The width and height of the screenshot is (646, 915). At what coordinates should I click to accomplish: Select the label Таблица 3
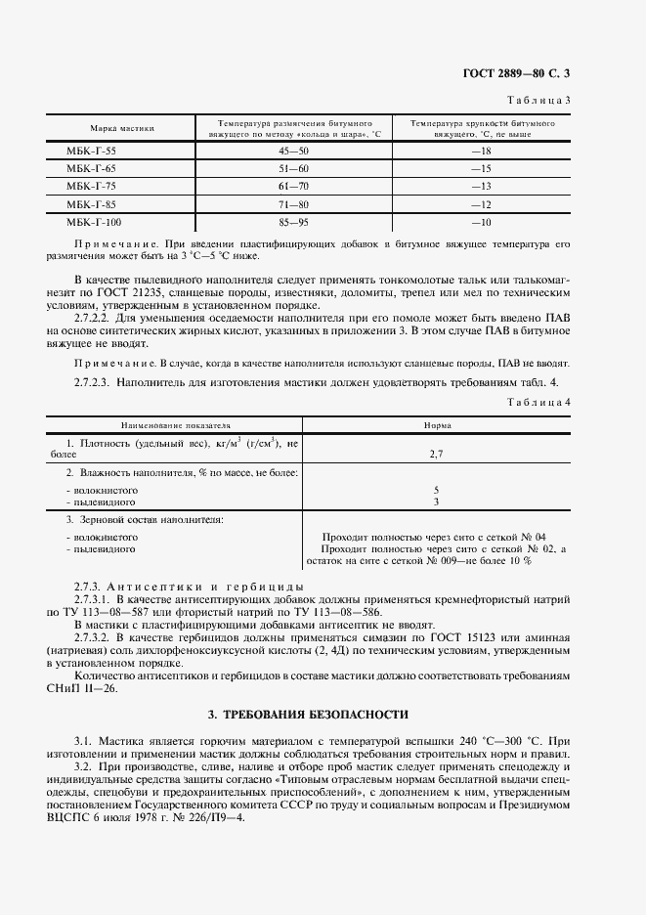542,101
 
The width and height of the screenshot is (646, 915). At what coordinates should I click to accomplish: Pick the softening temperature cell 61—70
292,187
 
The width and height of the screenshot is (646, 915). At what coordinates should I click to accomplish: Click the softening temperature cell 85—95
292,222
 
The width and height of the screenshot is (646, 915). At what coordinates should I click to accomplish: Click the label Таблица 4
542,402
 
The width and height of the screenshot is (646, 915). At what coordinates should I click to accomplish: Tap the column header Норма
436,426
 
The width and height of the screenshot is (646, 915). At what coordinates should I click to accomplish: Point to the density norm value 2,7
436,455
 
